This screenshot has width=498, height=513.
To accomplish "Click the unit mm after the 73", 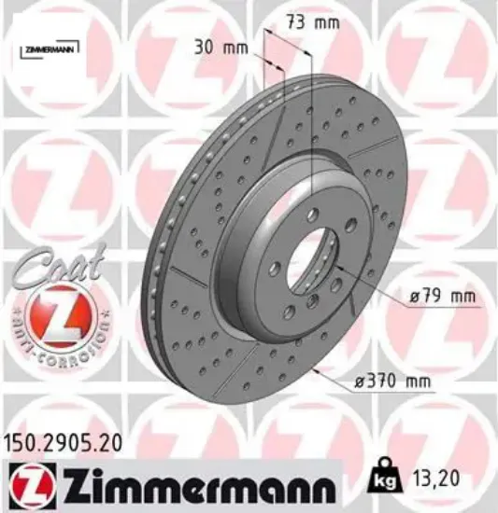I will (x=325, y=23).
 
